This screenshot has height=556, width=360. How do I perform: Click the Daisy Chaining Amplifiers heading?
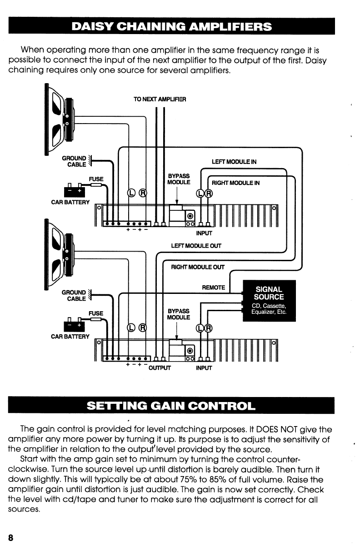171,26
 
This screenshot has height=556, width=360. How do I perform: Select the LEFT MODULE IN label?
234,162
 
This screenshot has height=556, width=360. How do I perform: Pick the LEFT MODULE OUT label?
196,246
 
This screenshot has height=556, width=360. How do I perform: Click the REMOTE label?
213,288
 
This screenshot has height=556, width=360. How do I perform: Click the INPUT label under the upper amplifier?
204,233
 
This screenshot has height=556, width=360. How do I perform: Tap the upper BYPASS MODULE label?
175,179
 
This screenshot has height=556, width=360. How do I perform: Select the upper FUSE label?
96,179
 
